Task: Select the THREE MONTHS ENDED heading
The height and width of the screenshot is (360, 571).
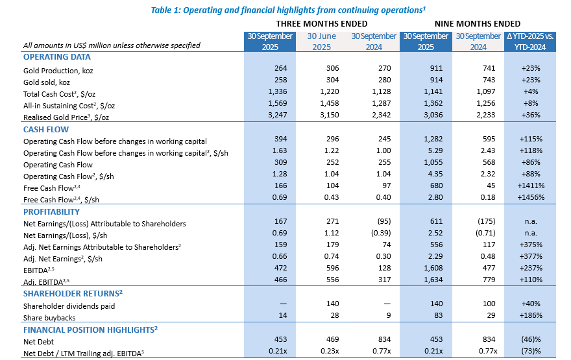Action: coord(322,23)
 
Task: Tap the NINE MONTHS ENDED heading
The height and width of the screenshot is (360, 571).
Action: coord(478,23)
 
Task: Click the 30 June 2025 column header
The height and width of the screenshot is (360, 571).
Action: coord(322,42)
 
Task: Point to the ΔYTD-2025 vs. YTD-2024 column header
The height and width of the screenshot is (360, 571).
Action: coord(530,42)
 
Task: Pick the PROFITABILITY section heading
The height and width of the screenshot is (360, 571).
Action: coord(51,211)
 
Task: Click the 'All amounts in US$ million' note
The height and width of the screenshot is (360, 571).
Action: coord(111,45)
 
